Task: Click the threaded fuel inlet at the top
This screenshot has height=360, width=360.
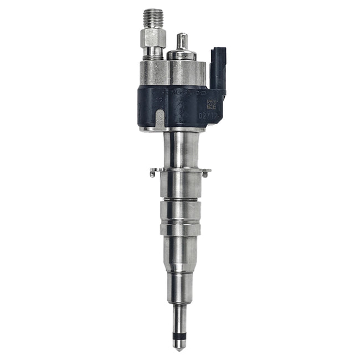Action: (150, 17)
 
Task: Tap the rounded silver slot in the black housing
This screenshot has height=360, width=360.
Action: (159, 119)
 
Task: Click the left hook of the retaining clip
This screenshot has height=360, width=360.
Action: (153, 174)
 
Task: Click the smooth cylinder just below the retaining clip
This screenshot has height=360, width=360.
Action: (179, 186)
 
